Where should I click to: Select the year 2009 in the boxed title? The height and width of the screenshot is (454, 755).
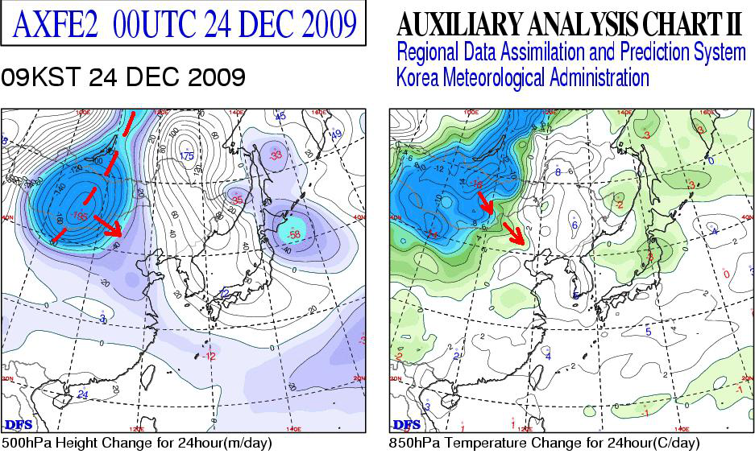point(322,25)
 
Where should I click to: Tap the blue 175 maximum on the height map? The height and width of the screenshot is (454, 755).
point(187,155)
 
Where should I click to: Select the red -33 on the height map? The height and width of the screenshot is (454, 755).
point(276,155)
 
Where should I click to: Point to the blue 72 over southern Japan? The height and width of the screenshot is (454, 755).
point(225,293)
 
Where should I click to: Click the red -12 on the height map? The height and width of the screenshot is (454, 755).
point(210,355)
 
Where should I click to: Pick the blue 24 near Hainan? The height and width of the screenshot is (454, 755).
point(82,394)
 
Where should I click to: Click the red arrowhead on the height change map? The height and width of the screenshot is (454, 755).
point(117,231)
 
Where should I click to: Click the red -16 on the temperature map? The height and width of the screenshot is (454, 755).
point(478,184)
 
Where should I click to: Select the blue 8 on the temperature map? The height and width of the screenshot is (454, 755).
point(558,171)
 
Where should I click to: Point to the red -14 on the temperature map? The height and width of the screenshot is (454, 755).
point(434,233)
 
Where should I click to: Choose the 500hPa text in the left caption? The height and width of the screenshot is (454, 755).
point(22,444)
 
